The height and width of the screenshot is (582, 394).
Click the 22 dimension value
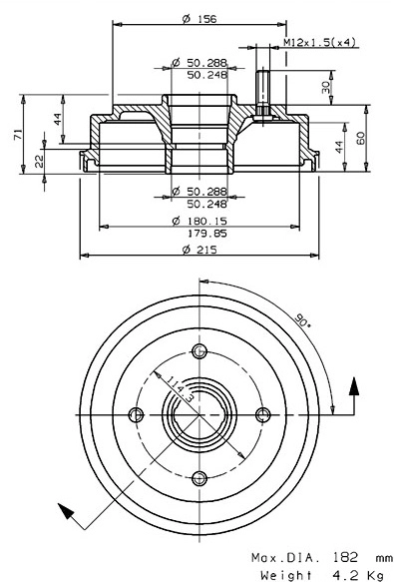coord(39,159)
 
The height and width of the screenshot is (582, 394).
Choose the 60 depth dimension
coord(360,136)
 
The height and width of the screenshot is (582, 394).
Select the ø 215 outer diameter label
coord(200,248)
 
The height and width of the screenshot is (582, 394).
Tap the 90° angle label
coord(300,321)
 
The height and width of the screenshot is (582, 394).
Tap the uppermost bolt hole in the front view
coord(199,349)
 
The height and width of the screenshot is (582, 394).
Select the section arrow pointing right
coord(353,384)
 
